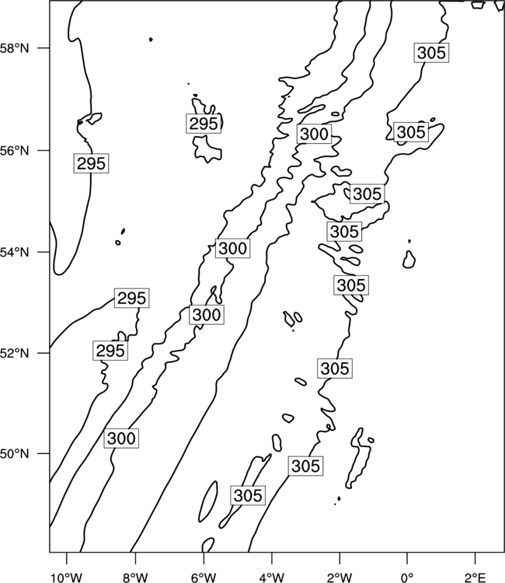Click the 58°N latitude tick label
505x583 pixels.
(x=14, y=48)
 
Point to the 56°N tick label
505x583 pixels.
(x=14, y=151)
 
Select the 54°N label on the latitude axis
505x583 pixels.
(x=14, y=253)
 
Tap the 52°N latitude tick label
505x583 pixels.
(x=14, y=353)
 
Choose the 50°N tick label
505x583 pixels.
(x=14, y=454)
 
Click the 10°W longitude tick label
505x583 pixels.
(x=67, y=578)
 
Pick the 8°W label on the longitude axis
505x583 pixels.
(x=135, y=578)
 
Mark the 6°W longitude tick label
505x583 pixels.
(x=204, y=578)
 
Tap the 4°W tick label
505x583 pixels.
(x=272, y=578)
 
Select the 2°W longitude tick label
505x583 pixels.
(x=340, y=578)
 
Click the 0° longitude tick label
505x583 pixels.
(x=407, y=578)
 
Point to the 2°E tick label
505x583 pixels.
(x=475, y=578)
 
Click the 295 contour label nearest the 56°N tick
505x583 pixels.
(x=91, y=163)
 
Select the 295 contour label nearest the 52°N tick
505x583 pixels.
(x=110, y=351)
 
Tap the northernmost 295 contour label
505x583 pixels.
(x=204, y=124)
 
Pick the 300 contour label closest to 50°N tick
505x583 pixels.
(x=121, y=438)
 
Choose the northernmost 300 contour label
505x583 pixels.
(x=314, y=134)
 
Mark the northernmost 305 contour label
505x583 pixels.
(x=431, y=52)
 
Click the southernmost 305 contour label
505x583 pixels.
(x=248, y=495)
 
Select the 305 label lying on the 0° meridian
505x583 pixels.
(x=411, y=132)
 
